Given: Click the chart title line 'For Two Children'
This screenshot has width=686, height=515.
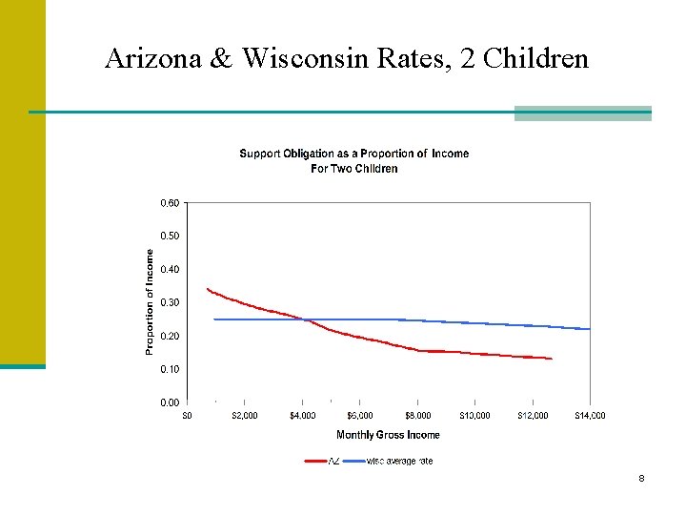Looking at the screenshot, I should point(353,169).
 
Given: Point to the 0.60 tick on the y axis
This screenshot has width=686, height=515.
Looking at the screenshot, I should point(168,203).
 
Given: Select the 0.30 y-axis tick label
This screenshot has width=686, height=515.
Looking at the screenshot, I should point(168,302).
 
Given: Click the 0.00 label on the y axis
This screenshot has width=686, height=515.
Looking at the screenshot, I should point(168,402).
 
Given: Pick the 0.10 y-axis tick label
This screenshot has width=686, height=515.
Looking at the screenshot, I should point(168,369).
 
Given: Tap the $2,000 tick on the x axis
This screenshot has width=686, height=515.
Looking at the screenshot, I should point(244,415).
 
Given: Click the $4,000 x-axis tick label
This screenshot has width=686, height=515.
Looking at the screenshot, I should point(302,415).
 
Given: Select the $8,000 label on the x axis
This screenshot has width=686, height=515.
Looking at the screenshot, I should point(417,415).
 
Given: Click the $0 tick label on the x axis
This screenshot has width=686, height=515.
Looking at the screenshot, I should point(187,415).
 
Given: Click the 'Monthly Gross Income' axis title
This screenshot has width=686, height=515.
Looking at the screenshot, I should point(388,435).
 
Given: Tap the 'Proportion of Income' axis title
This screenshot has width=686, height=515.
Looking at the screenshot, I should point(150,302).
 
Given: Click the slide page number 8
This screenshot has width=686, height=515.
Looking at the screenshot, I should point(641,478).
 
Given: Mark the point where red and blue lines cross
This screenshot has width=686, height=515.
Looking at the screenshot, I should point(305,319).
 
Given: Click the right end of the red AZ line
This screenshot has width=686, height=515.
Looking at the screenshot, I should point(552,359).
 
